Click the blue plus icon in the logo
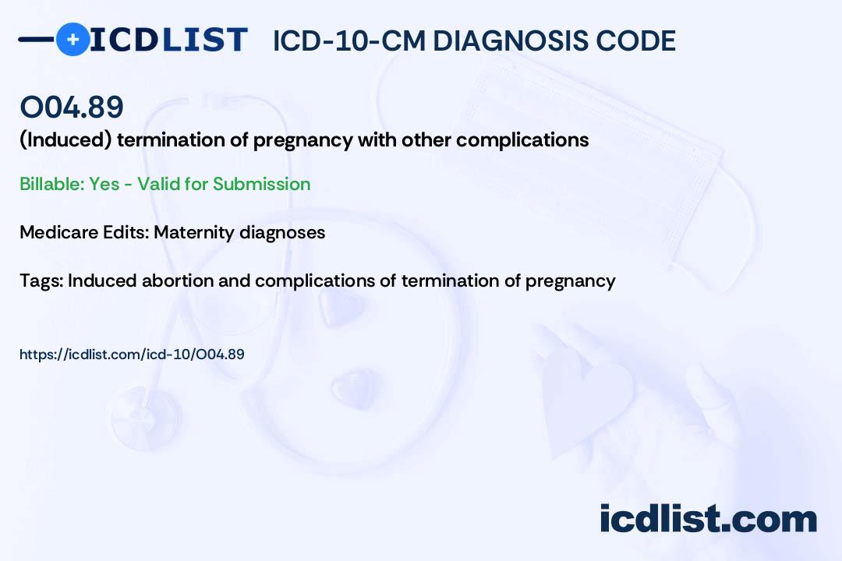pos(73,39)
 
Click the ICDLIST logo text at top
pos(168,39)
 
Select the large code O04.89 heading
pos(72,108)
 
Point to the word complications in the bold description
pos(522,140)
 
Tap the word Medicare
pos(53,232)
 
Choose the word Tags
pos(41,280)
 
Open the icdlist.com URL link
pos(132,355)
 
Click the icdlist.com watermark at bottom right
pos(708,519)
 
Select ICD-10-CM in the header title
pos(350,41)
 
